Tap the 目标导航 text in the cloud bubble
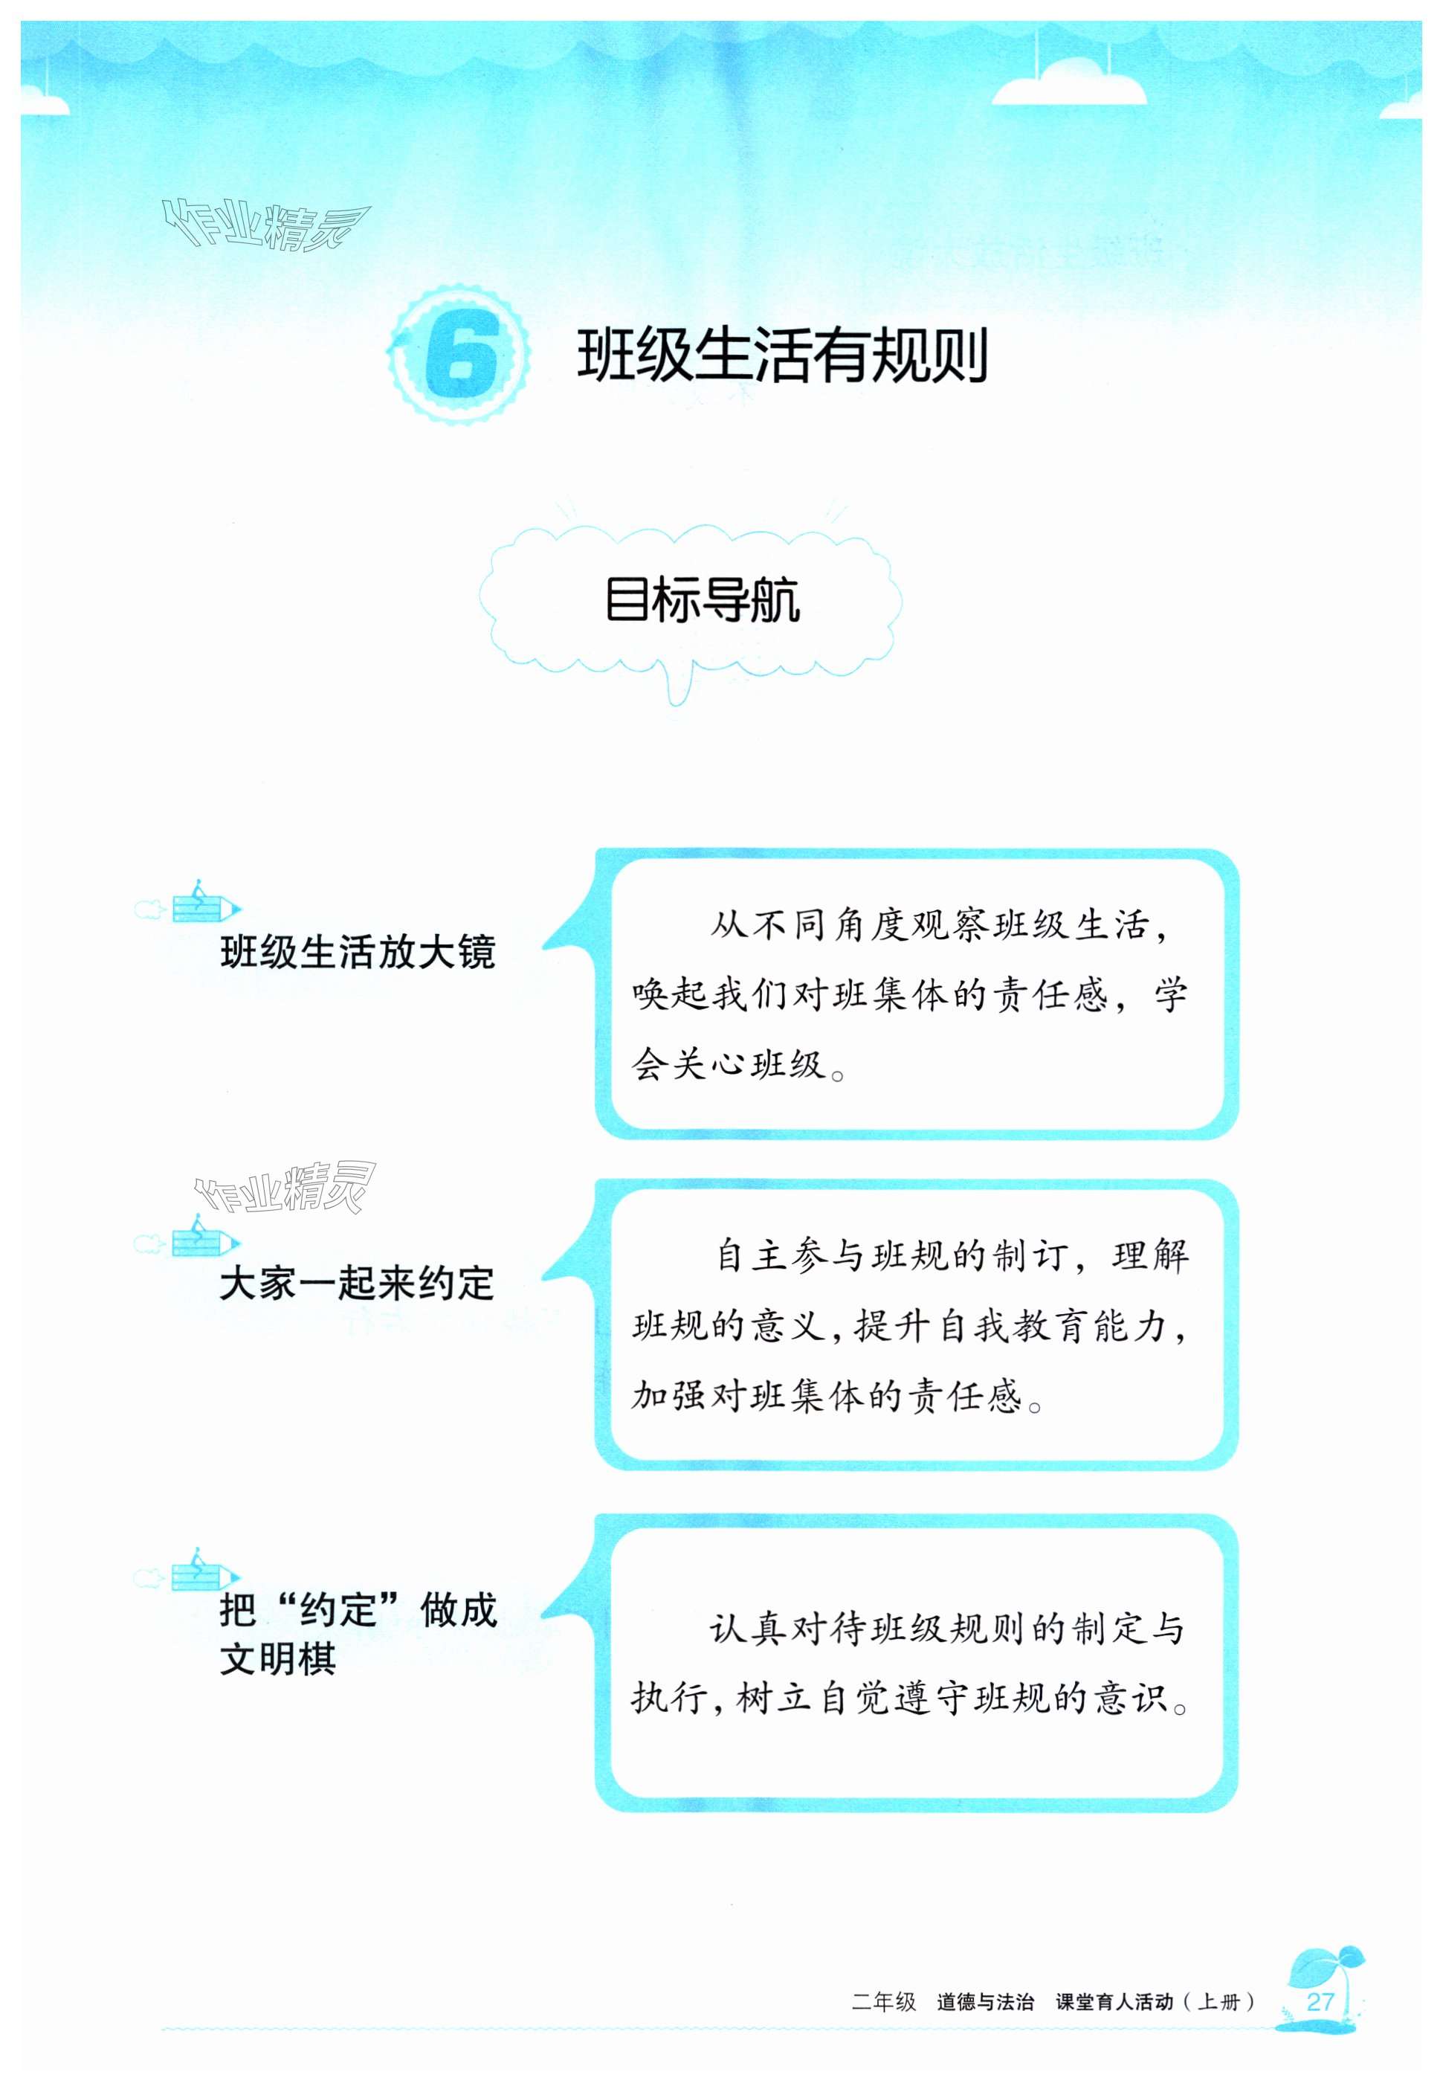(703, 599)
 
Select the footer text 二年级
(883, 2002)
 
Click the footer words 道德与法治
(984, 2002)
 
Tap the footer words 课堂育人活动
(1114, 2002)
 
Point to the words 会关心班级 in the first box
(729, 1064)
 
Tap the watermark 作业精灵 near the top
(265, 225)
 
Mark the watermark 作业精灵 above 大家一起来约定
(284, 1188)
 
